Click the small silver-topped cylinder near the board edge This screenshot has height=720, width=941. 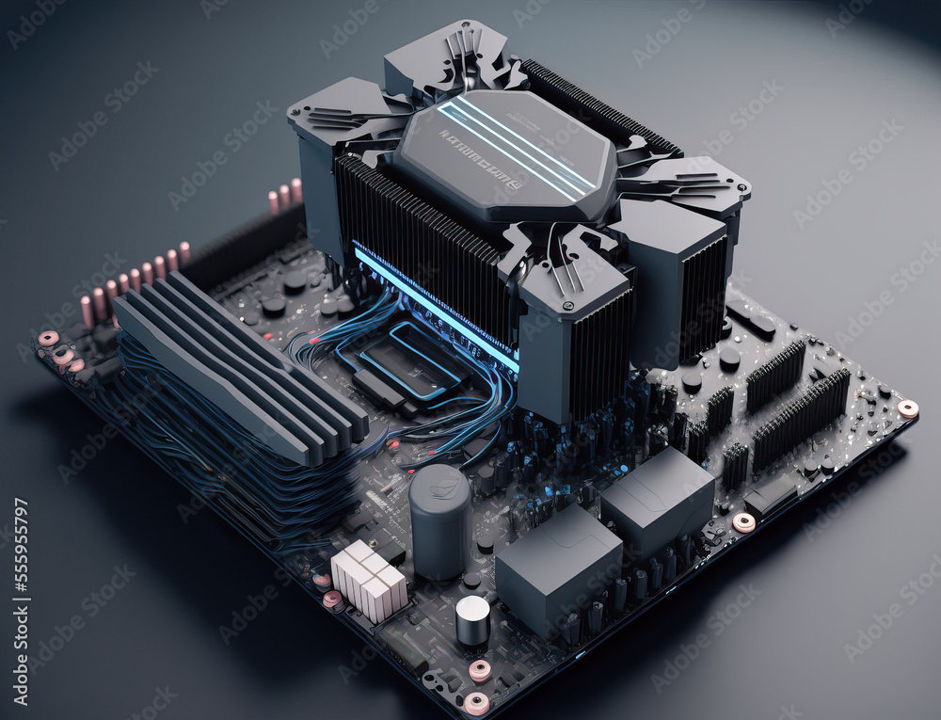point(472,619)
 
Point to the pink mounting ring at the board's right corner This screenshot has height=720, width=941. point(907,408)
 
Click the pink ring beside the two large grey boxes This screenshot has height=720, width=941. point(743,522)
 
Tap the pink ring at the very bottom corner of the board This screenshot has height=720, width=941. point(476,702)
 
